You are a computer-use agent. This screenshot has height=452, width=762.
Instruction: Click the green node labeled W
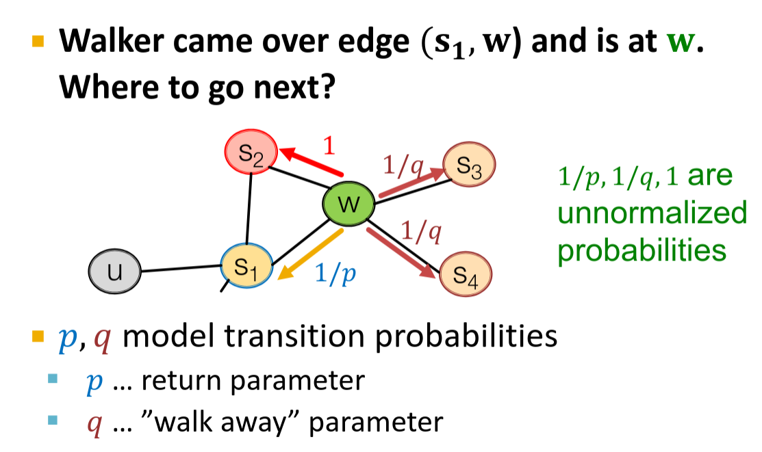[x=349, y=203]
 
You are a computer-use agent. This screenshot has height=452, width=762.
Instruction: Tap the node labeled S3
[x=469, y=166]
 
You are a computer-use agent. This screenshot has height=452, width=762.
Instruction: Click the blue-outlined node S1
[x=246, y=266]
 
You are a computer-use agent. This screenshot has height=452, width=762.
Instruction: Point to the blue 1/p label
[x=336, y=274]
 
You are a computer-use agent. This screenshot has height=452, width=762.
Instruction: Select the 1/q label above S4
[x=420, y=232]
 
